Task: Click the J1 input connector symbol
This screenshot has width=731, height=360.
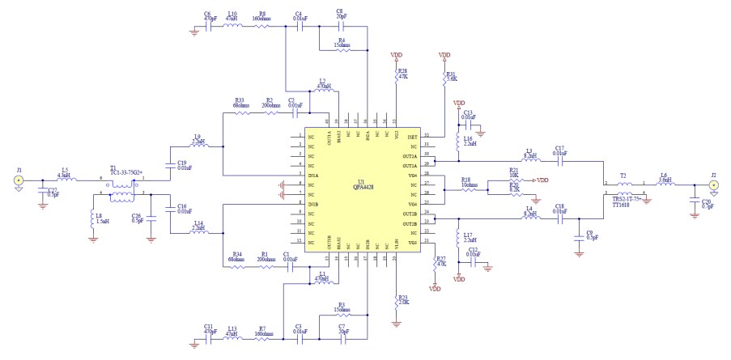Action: [17, 182]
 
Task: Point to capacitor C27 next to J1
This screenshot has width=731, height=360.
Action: [42, 193]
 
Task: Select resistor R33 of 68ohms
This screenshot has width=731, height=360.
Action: [242, 112]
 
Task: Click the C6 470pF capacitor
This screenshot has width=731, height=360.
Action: [208, 25]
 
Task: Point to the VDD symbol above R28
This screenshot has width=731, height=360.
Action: [396, 56]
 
